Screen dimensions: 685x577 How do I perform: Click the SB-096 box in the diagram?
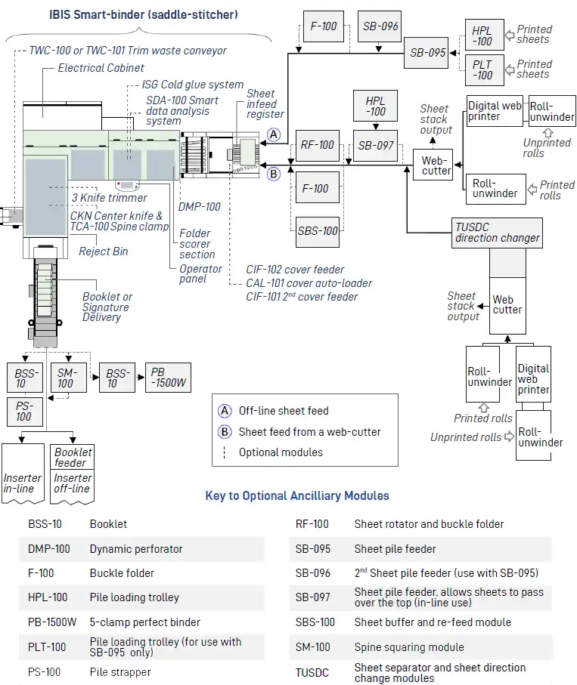[x=379, y=26]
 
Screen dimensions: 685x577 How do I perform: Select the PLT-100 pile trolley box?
[x=482, y=69]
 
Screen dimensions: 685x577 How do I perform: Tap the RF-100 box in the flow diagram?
[x=316, y=145]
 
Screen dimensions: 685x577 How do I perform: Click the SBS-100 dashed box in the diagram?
[x=316, y=230]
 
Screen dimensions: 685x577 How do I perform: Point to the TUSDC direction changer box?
[x=498, y=233]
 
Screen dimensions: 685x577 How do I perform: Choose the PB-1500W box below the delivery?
[x=168, y=378]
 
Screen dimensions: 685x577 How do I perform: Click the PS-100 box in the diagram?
[x=23, y=412]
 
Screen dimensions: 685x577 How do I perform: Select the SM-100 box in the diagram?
[x=67, y=378]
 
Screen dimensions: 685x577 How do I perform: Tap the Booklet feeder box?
[x=73, y=457]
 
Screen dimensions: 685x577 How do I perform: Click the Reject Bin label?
[x=104, y=251]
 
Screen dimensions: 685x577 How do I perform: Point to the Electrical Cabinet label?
[x=102, y=68]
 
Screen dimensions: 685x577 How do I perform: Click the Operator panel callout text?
[x=200, y=273]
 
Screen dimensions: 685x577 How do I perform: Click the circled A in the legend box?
[x=225, y=411]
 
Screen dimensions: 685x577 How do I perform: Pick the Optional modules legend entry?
[x=281, y=452]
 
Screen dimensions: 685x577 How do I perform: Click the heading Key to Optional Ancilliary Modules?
[x=297, y=496]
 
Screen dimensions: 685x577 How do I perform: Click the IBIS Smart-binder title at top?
[x=143, y=14]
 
